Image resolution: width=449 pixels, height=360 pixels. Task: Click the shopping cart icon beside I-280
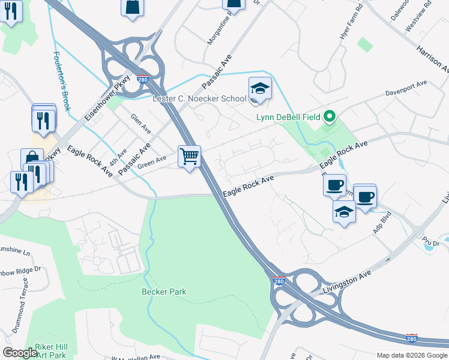[190, 157]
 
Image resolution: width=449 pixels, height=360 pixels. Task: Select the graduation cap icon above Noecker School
[260, 88]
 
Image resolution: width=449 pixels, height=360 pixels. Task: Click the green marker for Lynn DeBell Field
[329, 116]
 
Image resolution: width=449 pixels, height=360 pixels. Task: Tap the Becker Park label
[164, 292]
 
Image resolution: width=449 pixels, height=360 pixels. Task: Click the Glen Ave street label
[141, 125]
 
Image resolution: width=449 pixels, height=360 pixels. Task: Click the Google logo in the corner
[20, 352]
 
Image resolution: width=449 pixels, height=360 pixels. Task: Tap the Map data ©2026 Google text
[412, 355]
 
